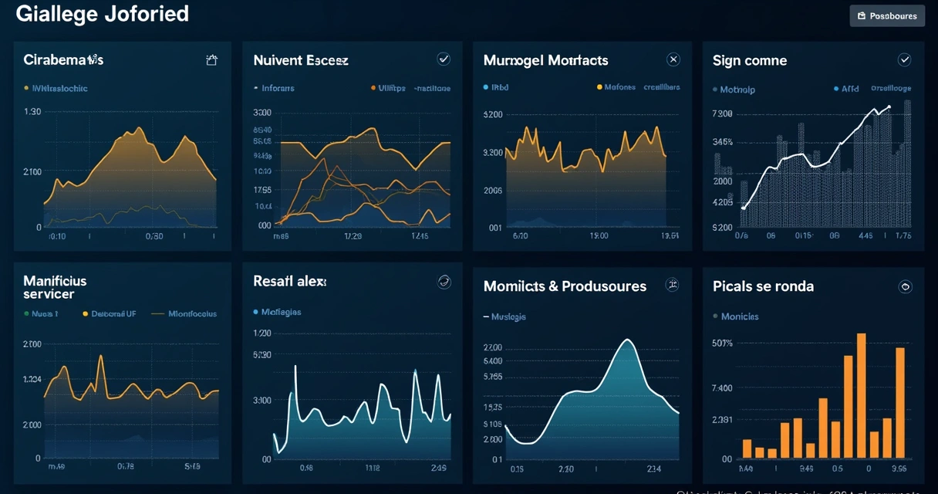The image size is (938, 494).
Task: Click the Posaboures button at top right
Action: [x=887, y=15]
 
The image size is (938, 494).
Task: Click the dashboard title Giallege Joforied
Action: [x=102, y=14]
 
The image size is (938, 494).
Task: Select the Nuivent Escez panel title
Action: [x=301, y=60]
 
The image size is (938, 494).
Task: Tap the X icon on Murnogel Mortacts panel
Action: [x=673, y=59]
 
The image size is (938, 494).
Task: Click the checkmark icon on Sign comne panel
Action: [x=905, y=59]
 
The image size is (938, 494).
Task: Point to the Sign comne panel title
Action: [x=750, y=60]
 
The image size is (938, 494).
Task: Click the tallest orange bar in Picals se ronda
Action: [x=861, y=395]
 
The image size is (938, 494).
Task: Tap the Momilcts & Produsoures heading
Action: [x=565, y=286]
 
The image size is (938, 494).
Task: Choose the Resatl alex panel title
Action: [x=290, y=282]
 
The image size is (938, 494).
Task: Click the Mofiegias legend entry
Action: [x=281, y=313]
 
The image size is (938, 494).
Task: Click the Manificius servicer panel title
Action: [x=55, y=287]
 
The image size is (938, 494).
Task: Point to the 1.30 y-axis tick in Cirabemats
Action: [x=32, y=112]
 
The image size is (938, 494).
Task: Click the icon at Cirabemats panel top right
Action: [x=211, y=60]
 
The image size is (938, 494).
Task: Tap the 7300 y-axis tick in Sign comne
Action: [x=722, y=114]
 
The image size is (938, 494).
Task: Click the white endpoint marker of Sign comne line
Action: [x=889, y=107]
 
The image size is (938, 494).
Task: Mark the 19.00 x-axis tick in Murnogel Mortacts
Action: [x=599, y=236]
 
